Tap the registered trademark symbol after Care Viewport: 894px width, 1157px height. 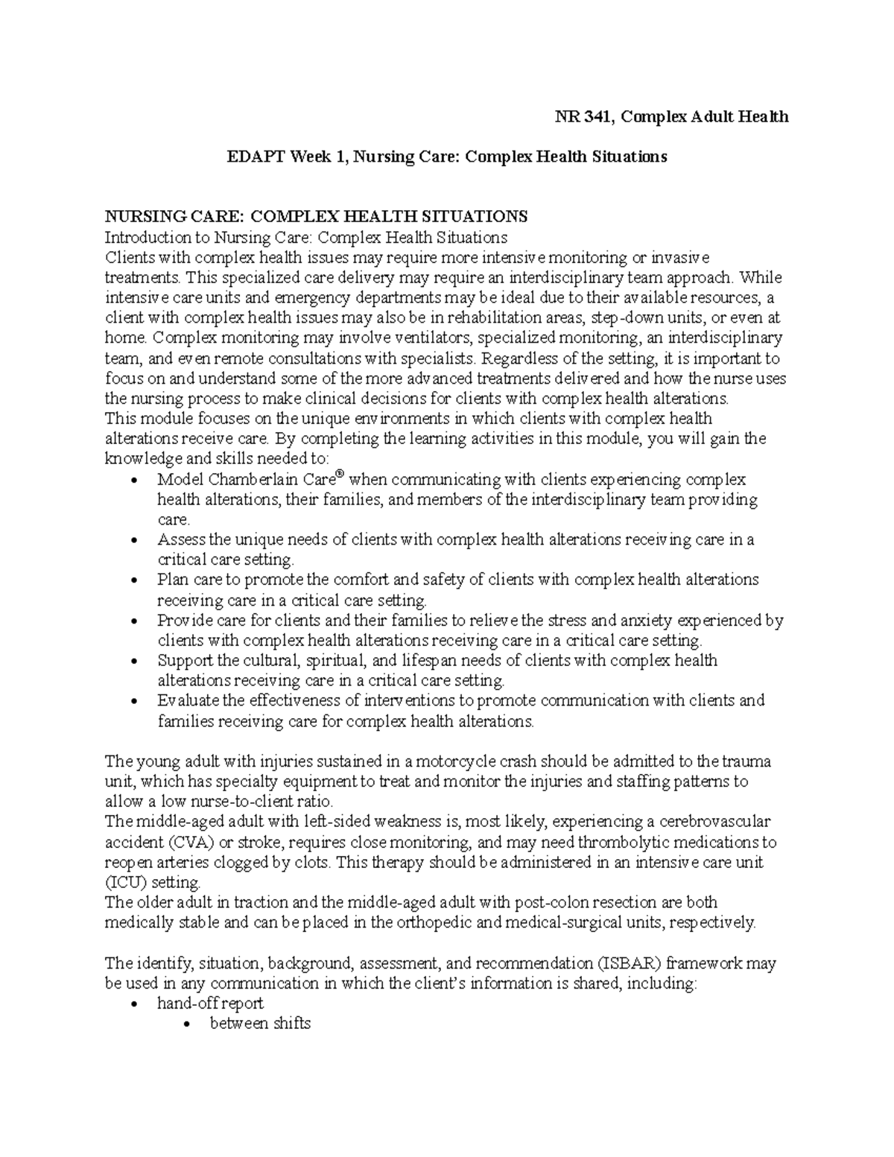(x=340, y=475)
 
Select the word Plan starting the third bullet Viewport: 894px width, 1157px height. (x=173, y=580)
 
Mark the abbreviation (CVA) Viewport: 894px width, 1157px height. (x=190, y=843)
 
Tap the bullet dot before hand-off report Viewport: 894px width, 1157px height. (x=133, y=1004)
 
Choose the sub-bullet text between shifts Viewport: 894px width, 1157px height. (x=260, y=1024)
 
